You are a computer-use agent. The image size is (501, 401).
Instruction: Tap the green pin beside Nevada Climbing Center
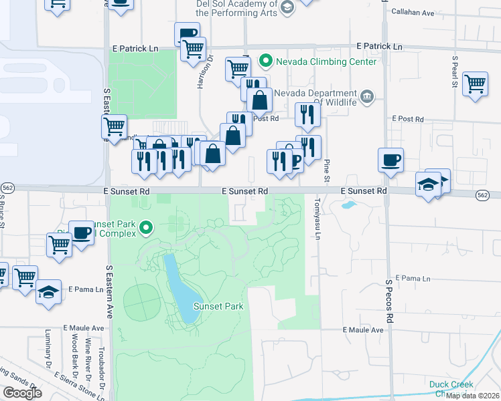266,61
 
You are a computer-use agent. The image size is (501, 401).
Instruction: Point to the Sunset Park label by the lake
217,306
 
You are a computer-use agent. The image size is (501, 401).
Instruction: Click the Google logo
22,393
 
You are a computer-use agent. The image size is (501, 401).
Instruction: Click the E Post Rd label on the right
407,119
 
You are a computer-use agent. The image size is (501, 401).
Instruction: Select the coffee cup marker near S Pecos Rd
391,160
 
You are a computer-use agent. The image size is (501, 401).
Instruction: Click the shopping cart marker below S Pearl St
475,84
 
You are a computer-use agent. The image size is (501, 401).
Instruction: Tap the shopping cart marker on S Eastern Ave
114,126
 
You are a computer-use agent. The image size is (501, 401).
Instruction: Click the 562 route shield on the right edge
483,194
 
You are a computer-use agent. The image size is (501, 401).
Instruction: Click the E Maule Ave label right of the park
363,330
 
